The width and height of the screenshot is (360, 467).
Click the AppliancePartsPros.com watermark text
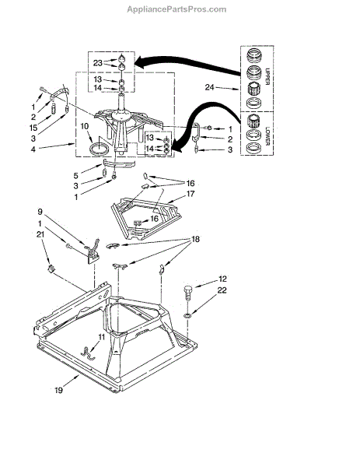coord(177,9)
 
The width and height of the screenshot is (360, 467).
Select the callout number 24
coord(209,87)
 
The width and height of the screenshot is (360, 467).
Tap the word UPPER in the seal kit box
coord(267,76)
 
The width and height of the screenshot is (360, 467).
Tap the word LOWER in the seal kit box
coord(267,135)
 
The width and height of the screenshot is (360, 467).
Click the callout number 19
coord(59,390)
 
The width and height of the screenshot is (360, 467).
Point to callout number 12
coord(222,279)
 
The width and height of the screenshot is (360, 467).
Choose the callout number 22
coord(222,290)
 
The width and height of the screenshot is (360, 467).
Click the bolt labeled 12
coord(188,293)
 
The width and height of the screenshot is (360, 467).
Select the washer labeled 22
coord(187,314)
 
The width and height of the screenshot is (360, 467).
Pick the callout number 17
coord(190,194)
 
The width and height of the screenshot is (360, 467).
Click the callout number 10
coord(85,126)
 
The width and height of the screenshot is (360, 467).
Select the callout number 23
coord(98,63)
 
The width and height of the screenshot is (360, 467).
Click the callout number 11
coord(102,337)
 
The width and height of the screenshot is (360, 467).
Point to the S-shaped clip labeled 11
coord(87,352)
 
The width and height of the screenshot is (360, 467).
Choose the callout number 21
coord(40,234)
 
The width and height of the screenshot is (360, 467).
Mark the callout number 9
coord(40,212)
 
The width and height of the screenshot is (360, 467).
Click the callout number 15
coord(33,128)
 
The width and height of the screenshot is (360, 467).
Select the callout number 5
coord(76,175)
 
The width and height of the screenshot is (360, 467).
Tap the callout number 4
coord(33,149)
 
